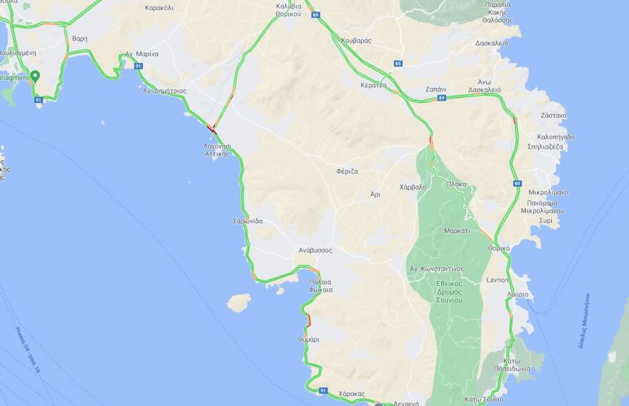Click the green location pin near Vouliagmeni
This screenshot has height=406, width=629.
point(34,76)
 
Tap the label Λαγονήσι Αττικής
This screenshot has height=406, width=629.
point(216,149)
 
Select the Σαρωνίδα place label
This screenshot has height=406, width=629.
point(247,221)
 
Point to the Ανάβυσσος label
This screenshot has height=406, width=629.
point(315,251)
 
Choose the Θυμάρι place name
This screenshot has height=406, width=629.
point(308,340)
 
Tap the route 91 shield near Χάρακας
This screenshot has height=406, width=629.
point(323,390)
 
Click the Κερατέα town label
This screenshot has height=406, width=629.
point(373,85)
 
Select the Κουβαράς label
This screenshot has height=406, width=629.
point(356,41)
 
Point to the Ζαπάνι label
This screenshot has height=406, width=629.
point(435,89)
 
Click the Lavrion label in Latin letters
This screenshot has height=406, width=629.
point(497,279)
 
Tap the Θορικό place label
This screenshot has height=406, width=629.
point(498,248)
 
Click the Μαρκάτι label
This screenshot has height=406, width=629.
point(456,231)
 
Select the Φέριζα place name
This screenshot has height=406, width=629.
point(347,172)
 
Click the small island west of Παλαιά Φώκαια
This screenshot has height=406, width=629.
point(239,302)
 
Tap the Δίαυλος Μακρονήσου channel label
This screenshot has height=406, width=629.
point(584,320)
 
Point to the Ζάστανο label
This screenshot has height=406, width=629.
point(553,115)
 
